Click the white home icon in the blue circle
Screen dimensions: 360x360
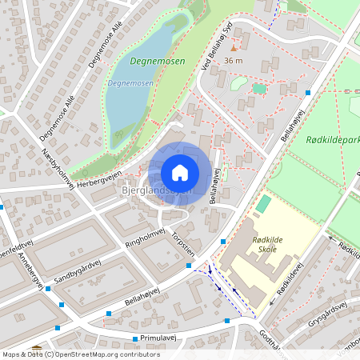click(180, 172)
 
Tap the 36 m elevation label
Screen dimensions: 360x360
click(234, 61)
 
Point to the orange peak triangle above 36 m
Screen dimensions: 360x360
click(234, 49)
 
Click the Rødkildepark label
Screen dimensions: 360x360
click(333, 139)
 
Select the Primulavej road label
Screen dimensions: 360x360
click(157, 338)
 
